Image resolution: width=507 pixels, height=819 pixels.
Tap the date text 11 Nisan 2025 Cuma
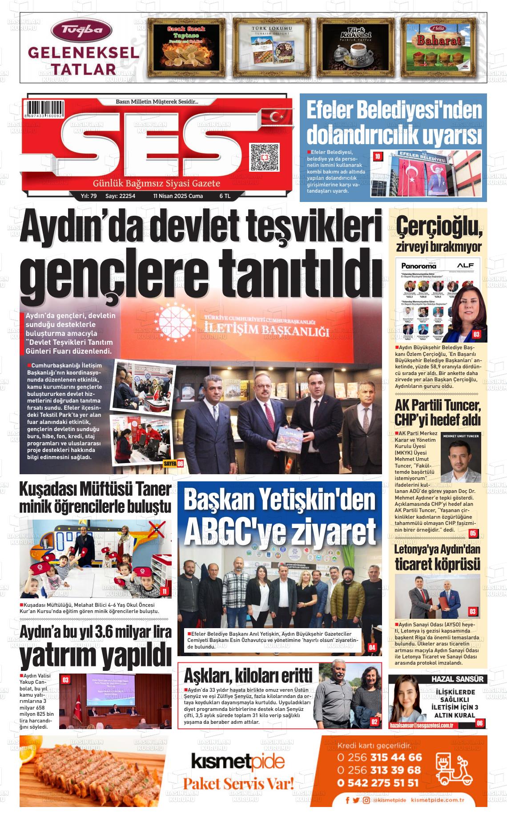tap(178, 196)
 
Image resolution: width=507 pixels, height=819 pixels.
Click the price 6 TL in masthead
tap(225, 196)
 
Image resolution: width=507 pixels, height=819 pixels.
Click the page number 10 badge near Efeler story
tap(378, 156)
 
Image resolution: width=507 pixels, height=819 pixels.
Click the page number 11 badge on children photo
tap(164, 591)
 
